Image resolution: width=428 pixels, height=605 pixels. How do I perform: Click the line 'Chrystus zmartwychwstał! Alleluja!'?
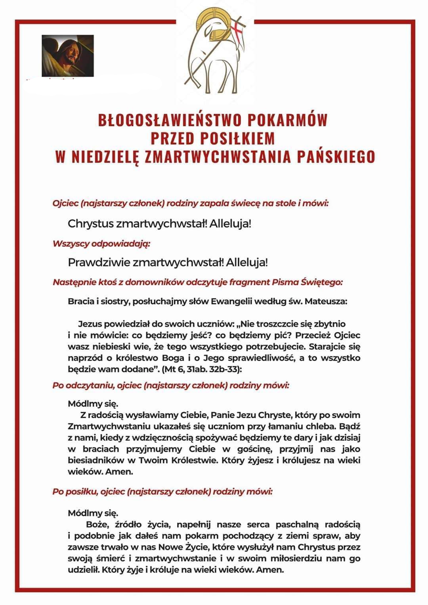(x=160, y=223)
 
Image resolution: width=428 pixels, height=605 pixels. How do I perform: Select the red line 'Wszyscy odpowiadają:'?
(x=102, y=244)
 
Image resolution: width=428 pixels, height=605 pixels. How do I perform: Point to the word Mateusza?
(x=327, y=301)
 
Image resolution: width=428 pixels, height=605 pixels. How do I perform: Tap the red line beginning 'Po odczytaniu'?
(x=171, y=385)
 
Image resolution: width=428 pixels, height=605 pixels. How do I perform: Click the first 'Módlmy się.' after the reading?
(x=93, y=404)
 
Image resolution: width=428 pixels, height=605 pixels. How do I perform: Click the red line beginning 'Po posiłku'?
(x=162, y=492)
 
